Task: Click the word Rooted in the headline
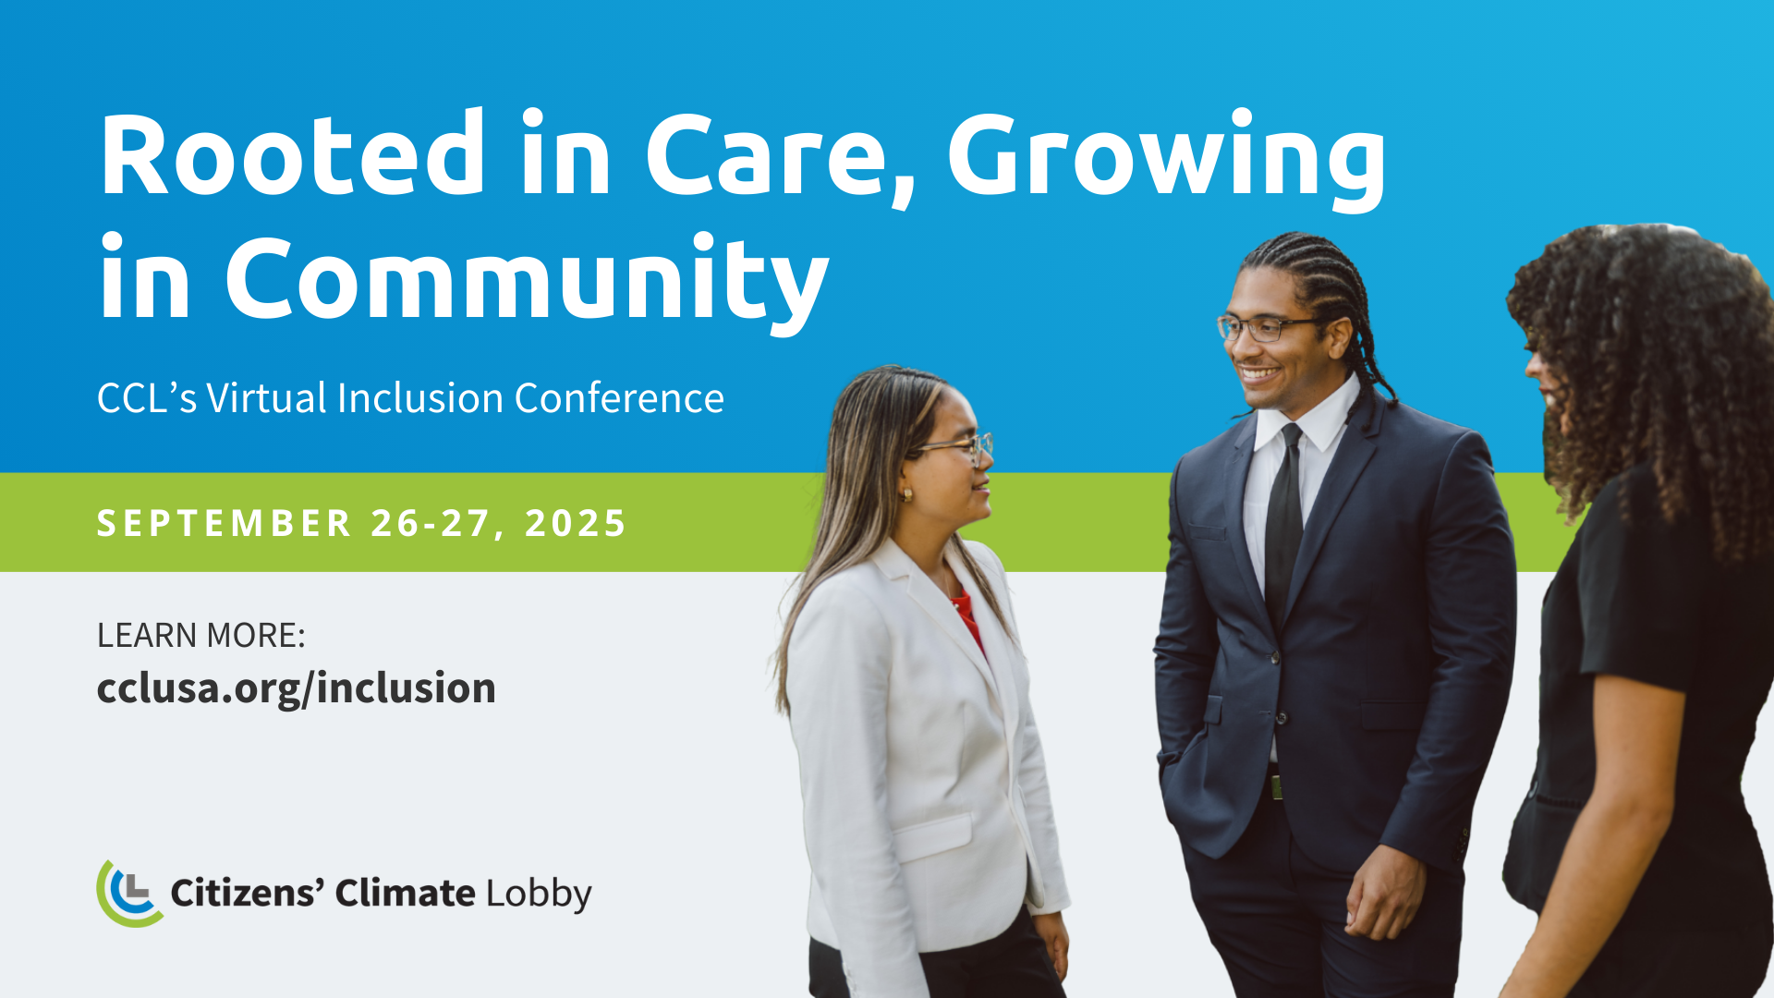coord(292,153)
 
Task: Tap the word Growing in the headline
coord(1167,159)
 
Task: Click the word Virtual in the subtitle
coord(266,398)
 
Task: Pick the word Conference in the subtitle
coord(619,398)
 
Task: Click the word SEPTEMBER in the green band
coord(225,523)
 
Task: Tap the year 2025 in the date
coord(576,523)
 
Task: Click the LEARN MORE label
coord(200,636)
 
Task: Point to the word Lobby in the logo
coord(539,895)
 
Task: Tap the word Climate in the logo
coord(405,893)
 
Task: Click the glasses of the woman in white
coord(961,448)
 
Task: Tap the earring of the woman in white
coord(907,495)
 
